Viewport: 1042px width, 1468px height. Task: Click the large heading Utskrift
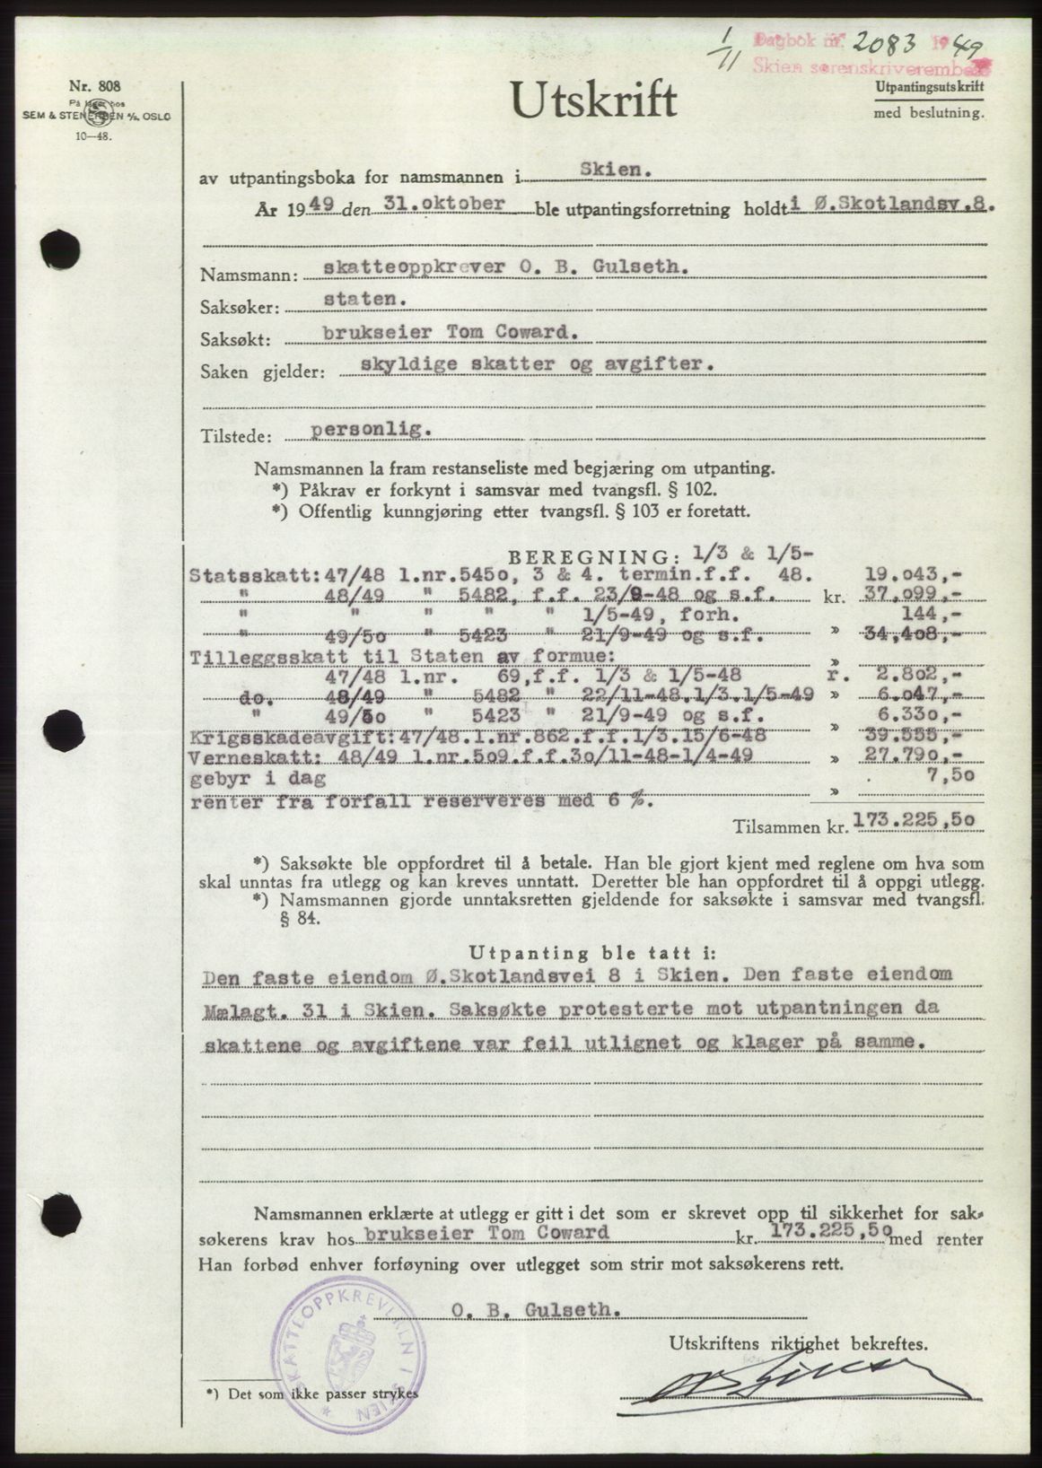[x=593, y=100]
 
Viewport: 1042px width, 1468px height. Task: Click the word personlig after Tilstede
[x=371, y=429]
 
